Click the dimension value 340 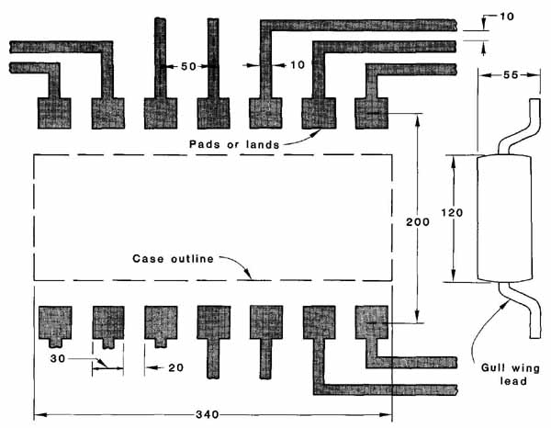click(x=208, y=414)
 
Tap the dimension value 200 click(x=418, y=222)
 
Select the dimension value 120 click(x=452, y=212)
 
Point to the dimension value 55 click(x=511, y=74)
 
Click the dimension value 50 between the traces click(x=188, y=66)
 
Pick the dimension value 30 click(x=58, y=359)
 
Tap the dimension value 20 click(x=175, y=367)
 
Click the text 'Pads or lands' click(x=234, y=144)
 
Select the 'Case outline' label click(x=173, y=259)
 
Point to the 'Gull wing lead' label click(x=511, y=375)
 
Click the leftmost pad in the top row click(x=54, y=113)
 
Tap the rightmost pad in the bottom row click(x=372, y=321)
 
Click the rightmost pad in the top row click(x=372, y=114)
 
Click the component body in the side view click(x=504, y=218)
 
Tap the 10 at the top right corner click(x=506, y=17)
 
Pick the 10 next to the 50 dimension click(x=298, y=64)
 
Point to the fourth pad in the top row click(x=214, y=113)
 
